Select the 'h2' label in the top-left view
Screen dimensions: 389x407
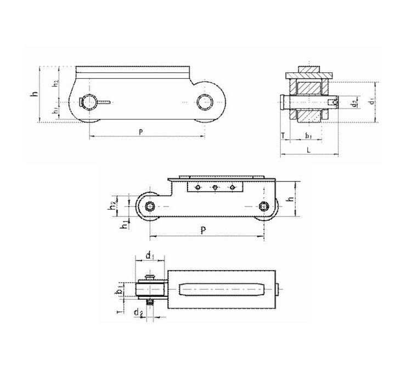(55, 83)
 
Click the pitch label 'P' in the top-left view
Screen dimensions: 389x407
(142, 131)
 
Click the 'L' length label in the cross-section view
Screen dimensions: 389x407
(309, 149)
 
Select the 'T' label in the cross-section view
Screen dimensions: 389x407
(282, 135)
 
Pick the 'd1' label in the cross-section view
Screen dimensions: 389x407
(371, 102)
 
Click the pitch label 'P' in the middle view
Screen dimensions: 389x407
(203, 231)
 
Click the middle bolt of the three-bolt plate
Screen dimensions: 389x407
(215, 188)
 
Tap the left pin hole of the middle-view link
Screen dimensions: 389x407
(149, 206)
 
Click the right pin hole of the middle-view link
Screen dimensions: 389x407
(264, 206)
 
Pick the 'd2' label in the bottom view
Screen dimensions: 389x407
(139, 313)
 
